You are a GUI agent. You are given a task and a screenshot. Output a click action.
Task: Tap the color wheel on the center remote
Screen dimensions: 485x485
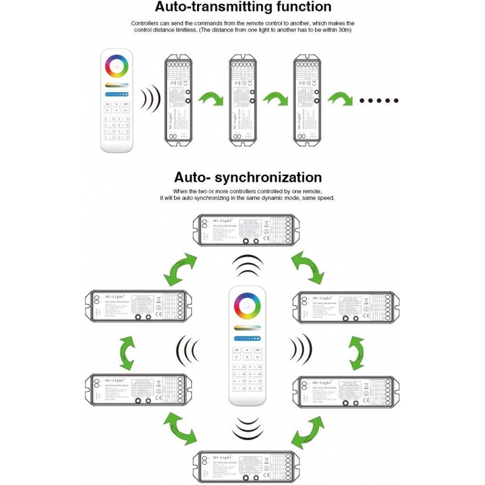coord(245,304)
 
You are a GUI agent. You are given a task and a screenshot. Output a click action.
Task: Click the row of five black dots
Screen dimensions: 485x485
coord(379,101)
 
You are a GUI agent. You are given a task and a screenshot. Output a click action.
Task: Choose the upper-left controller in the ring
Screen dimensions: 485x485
coord(138,306)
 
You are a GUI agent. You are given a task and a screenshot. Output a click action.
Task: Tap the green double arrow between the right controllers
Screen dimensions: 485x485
coord(358,352)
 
